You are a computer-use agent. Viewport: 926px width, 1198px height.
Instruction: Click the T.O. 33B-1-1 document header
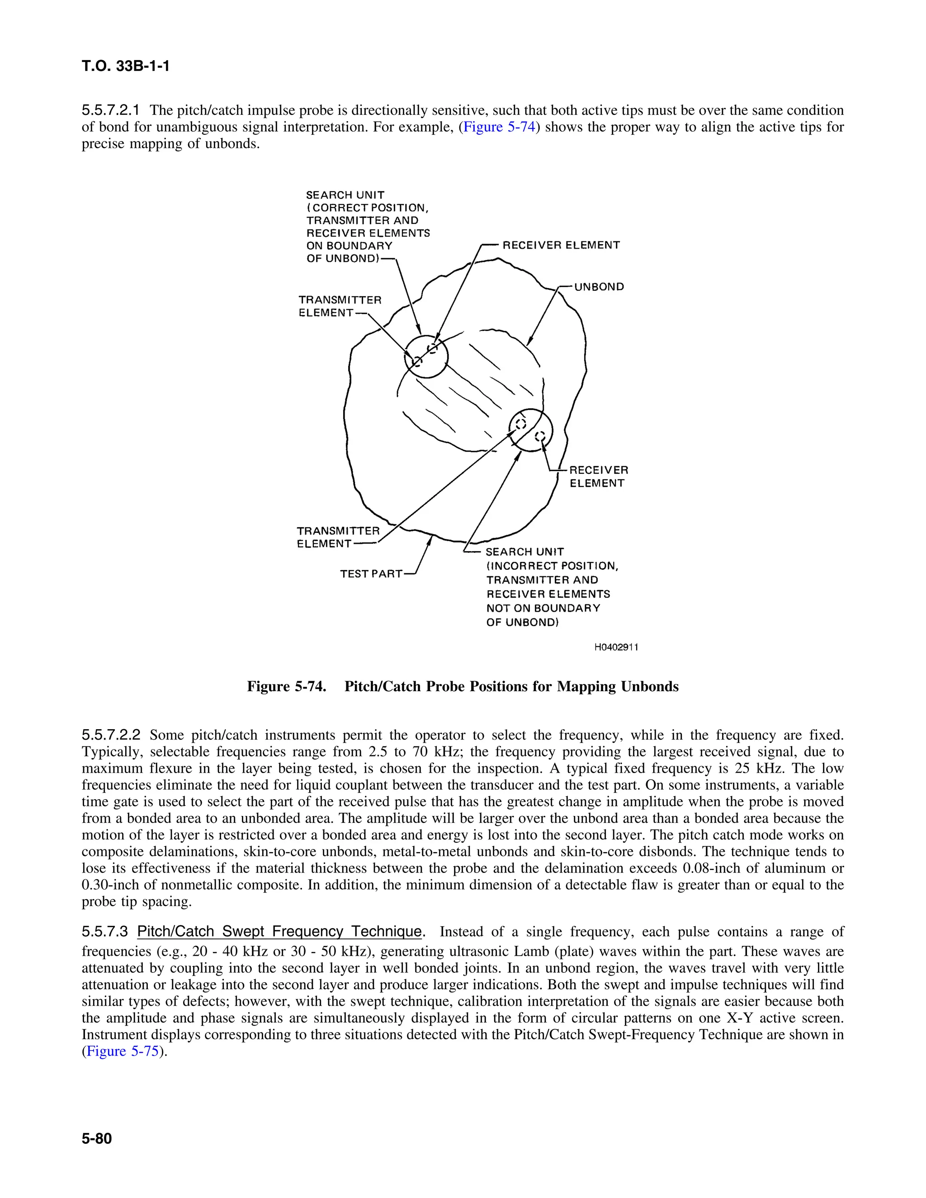[126, 66]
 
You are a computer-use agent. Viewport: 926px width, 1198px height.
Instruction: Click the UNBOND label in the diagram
[599, 287]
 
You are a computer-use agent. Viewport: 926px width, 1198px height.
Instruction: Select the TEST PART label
[371, 574]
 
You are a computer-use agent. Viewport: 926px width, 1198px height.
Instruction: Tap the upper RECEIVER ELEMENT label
[561, 245]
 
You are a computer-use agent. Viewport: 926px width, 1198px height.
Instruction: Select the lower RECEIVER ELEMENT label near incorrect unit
[598, 476]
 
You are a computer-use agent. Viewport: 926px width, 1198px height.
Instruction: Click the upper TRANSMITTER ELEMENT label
[339, 306]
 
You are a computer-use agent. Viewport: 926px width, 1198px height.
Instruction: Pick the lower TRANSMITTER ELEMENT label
[337, 537]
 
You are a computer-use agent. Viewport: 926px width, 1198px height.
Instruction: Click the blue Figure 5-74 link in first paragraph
[499, 127]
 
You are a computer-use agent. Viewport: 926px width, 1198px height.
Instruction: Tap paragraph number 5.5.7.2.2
[111, 735]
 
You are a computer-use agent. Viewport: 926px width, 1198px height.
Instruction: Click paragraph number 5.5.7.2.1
[111, 110]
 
